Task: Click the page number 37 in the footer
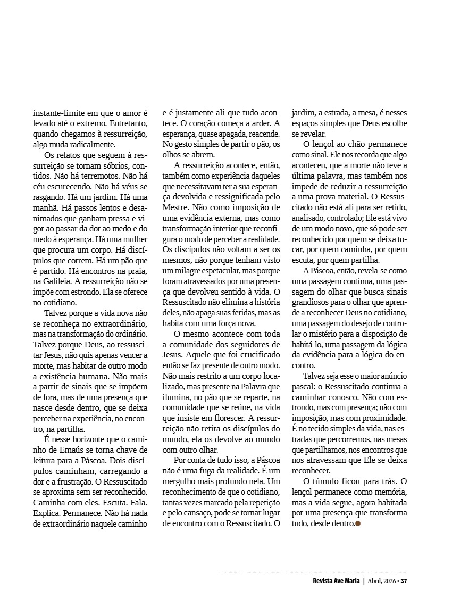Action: click(x=404, y=580)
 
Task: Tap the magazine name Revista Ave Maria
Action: click(x=336, y=580)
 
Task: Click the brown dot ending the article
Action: click(x=358, y=524)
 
